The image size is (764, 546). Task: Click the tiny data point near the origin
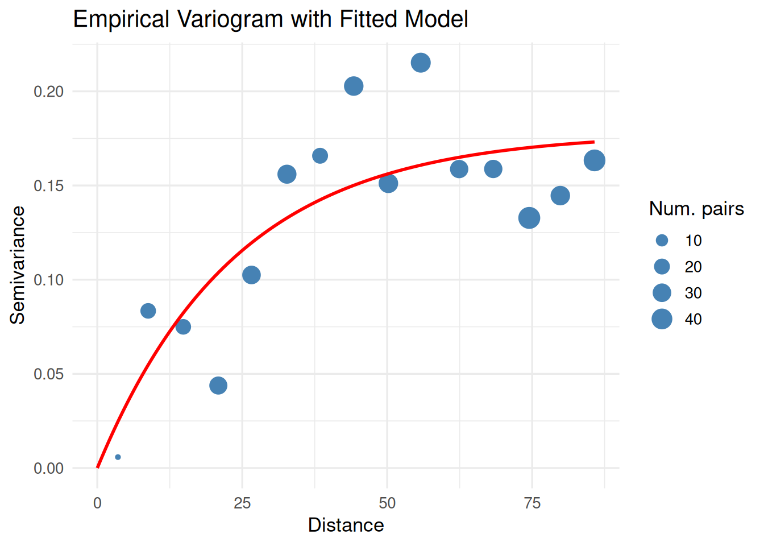pos(118,457)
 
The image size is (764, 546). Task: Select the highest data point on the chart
pos(421,63)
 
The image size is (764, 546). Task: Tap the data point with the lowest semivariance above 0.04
pos(218,386)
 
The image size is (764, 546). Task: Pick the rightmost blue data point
pos(594,161)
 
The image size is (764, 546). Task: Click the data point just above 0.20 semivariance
pos(354,86)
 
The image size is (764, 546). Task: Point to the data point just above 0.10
pos(251,275)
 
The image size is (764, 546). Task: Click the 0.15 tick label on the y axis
pos(48,186)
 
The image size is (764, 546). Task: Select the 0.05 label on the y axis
pos(48,374)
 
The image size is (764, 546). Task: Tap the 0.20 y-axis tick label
pos(48,92)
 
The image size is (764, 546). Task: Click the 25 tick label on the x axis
pos(242,503)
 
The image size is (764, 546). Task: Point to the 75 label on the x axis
pos(532,503)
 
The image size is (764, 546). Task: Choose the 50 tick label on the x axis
pos(387,503)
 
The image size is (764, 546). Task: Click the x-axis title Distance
pos(346,525)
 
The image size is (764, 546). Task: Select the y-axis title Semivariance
pos(18,265)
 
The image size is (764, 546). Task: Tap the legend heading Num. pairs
pos(696,209)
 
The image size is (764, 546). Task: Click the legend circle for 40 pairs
pos(662,319)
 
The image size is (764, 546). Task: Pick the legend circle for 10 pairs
pos(662,241)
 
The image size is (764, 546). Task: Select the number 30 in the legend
pos(693,293)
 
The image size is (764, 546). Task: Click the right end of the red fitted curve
pos(593,142)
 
